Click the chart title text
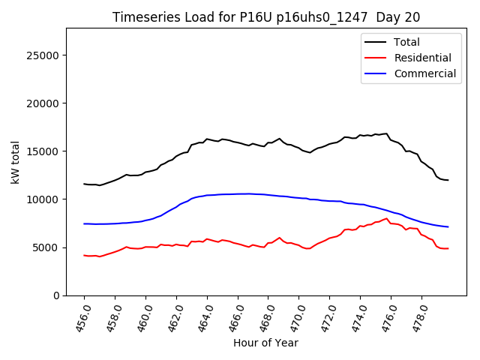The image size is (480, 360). click(266, 17)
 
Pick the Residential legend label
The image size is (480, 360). click(422, 58)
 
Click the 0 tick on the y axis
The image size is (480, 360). click(56, 295)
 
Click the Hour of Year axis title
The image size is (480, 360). click(265, 343)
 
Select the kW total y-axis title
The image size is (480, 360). click(16, 162)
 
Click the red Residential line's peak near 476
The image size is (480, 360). click(386, 218)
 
